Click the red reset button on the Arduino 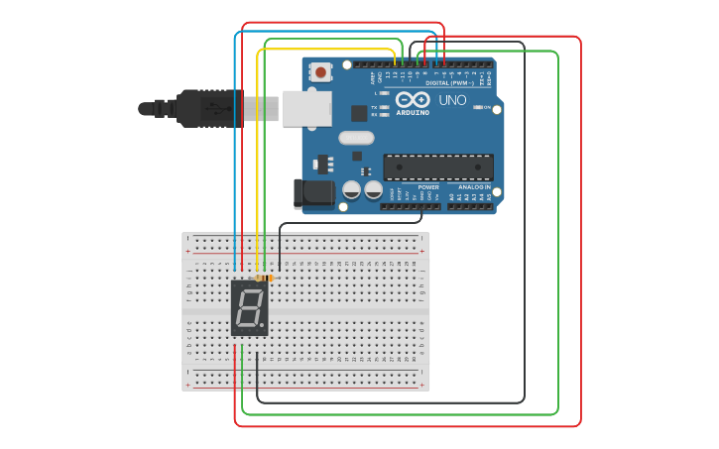point(321,71)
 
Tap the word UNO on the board point(452,100)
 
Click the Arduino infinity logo point(413,99)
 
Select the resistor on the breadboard point(263,279)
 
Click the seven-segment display point(250,308)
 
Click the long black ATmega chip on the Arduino point(437,168)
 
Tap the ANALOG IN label point(473,186)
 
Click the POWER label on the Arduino point(428,186)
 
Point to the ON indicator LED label point(487,107)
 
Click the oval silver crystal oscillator point(356,139)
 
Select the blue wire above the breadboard point(235,149)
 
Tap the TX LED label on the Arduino point(374,107)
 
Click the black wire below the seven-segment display point(258,372)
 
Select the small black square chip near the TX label point(358,114)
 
